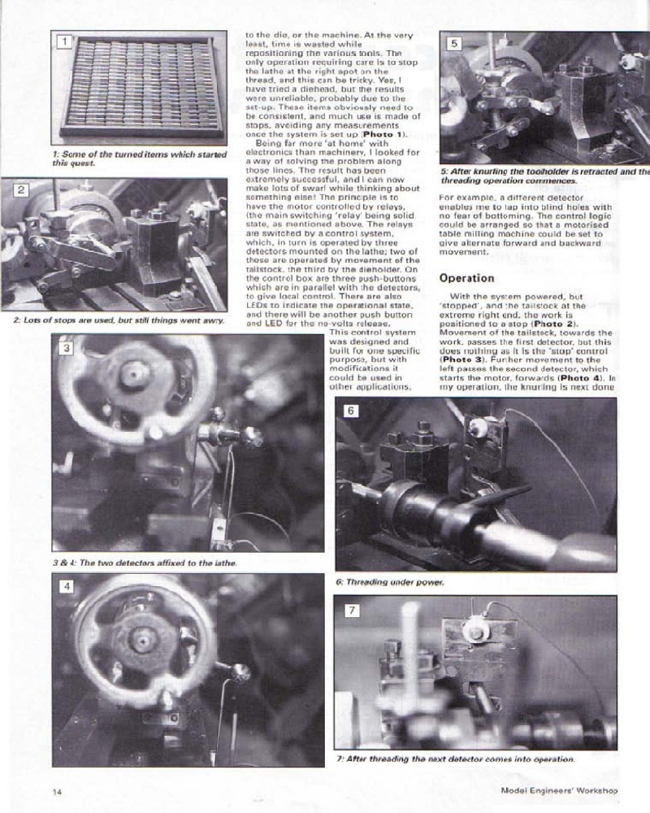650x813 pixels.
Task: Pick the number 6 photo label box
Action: pyautogui.click(x=350, y=411)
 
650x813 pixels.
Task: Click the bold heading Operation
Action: pyautogui.click(x=466, y=278)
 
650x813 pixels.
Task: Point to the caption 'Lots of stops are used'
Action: pyautogui.click(x=118, y=320)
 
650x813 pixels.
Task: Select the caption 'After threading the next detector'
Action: pyautogui.click(x=455, y=759)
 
